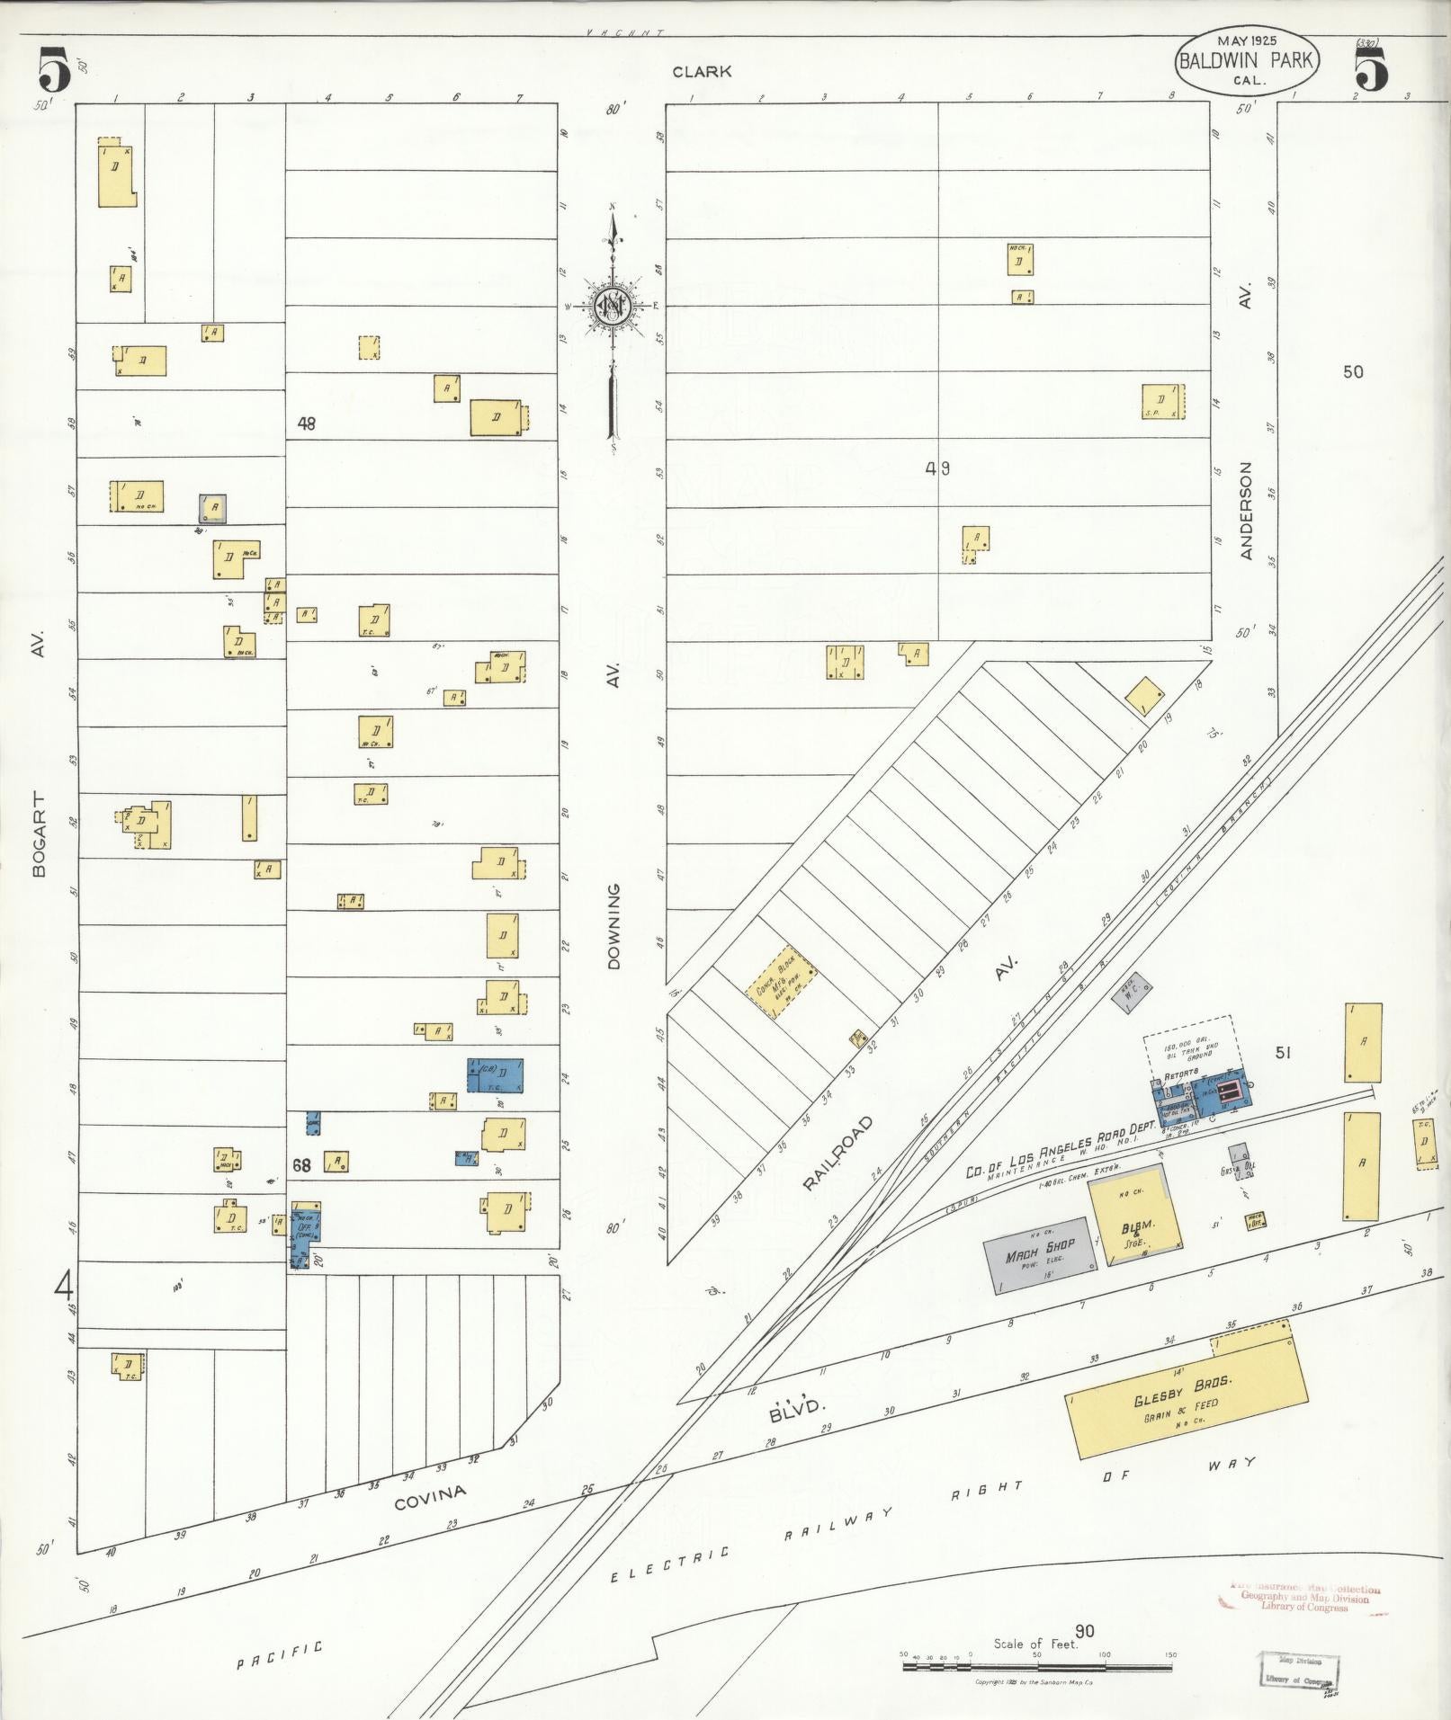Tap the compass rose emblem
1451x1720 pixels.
(x=613, y=307)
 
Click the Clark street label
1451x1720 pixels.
(x=701, y=72)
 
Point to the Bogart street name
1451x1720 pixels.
(x=38, y=833)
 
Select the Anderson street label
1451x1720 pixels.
(x=1246, y=511)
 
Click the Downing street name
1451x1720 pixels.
(x=614, y=926)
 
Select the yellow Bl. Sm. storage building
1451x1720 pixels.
(x=1135, y=1218)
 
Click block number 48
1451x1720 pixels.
(x=307, y=423)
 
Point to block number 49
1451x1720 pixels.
(x=938, y=468)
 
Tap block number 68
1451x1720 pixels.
(x=301, y=1165)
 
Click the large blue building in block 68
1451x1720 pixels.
(x=495, y=1075)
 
